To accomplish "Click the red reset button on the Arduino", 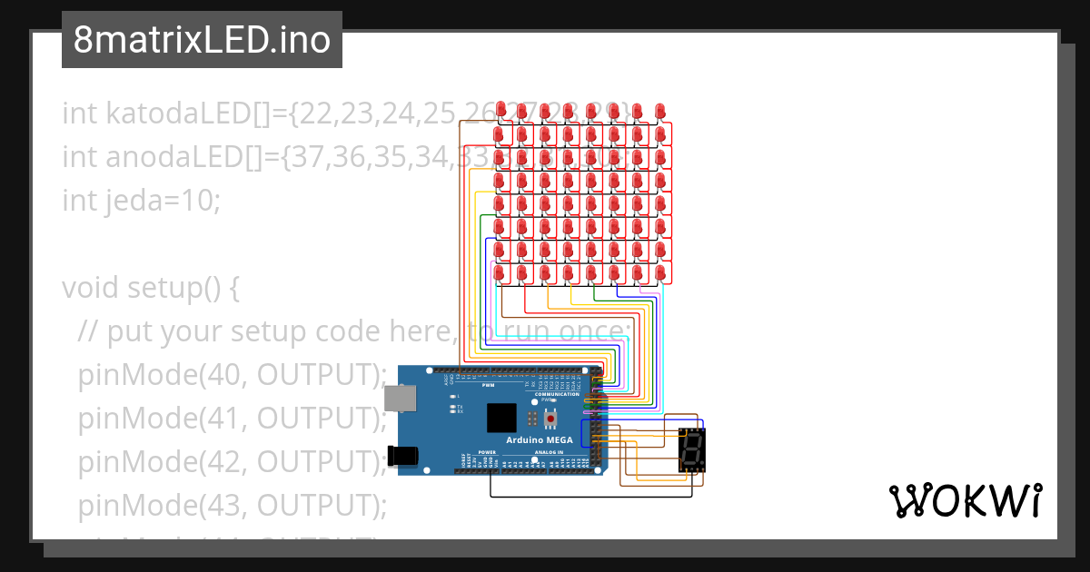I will click(x=550, y=418).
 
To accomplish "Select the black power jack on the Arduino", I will click(x=404, y=456).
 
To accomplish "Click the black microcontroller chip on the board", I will click(x=502, y=418).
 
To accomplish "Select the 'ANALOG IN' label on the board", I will click(x=548, y=451).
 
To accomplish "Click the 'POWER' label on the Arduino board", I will click(x=487, y=451).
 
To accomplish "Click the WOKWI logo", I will click(x=965, y=500).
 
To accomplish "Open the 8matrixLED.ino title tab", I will click(x=202, y=41).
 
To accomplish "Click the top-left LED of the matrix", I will click(x=500, y=110).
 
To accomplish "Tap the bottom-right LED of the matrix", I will click(x=659, y=271).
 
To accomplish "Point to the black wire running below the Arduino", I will click(x=590, y=497).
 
